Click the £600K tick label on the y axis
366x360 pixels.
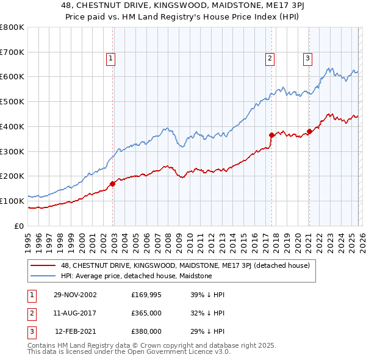pyautogui.click(x=12, y=77)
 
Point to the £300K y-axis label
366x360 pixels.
pyautogui.click(x=12, y=151)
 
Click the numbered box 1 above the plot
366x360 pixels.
pyautogui.click(x=110, y=59)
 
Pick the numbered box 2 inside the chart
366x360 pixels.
pyautogui.click(x=269, y=59)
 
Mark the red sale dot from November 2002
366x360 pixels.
pyautogui.click(x=113, y=183)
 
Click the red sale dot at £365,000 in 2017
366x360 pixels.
pyautogui.click(x=271, y=135)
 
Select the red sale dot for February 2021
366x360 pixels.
pyautogui.click(x=309, y=131)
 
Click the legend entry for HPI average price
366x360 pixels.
pyautogui.click(x=136, y=276)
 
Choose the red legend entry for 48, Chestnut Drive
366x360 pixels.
pyautogui.click(x=185, y=265)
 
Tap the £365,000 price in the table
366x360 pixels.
pyautogui.click(x=146, y=313)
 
